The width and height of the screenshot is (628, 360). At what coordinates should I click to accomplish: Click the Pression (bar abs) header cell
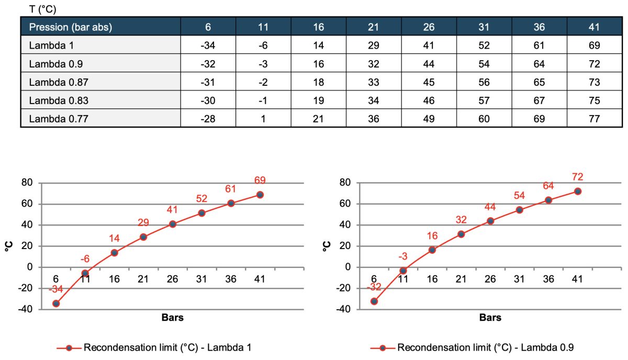click(71, 27)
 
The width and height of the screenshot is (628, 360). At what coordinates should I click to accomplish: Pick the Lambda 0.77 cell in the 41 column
click(594, 119)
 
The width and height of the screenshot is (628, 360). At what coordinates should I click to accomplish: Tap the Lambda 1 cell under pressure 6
click(208, 46)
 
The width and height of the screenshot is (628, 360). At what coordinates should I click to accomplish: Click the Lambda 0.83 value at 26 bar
click(429, 100)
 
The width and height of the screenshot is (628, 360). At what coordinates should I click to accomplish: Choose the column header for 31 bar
click(484, 27)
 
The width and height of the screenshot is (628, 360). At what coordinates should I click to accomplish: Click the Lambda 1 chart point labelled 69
click(260, 195)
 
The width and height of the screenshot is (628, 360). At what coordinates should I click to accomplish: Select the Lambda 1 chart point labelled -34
click(56, 303)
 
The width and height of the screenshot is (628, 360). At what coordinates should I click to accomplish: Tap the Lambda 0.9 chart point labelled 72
click(578, 192)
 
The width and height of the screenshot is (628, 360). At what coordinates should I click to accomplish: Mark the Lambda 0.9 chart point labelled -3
click(403, 271)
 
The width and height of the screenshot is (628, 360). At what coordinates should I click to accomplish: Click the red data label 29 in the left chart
click(143, 223)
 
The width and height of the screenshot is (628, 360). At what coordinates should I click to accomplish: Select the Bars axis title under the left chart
click(172, 318)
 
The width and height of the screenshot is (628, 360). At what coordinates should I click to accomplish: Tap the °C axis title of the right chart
click(327, 246)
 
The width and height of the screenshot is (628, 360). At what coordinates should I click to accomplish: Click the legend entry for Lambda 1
click(158, 347)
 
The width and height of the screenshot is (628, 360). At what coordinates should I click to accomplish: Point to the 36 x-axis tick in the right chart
click(548, 279)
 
